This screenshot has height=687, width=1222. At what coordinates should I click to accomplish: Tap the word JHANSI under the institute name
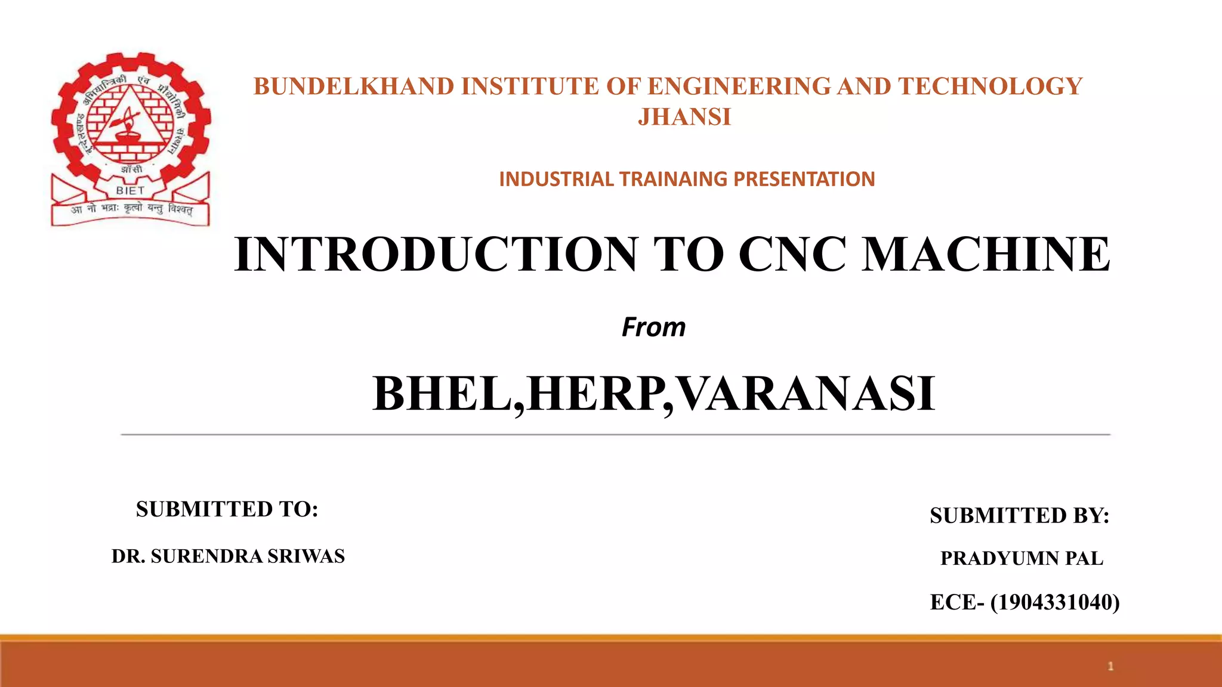pos(684,117)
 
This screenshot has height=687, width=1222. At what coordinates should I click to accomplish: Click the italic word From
pos(653,327)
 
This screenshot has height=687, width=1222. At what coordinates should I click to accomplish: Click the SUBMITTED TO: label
pos(227,509)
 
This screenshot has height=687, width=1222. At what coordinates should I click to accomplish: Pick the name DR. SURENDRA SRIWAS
pos(228,556)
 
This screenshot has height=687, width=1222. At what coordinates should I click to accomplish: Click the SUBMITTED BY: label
pos(1019,516)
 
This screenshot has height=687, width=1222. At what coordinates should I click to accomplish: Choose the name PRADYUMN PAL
pos(1022,558)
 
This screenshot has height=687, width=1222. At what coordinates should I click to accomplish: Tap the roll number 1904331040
pos(1054,602)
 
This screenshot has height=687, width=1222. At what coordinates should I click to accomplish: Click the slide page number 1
pos(1110,666)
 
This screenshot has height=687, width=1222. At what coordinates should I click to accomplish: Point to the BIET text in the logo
pos(130,191)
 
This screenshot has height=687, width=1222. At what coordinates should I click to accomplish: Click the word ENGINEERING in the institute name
pos(739,86)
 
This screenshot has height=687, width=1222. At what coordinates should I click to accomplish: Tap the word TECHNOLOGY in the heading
pos(990,86)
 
